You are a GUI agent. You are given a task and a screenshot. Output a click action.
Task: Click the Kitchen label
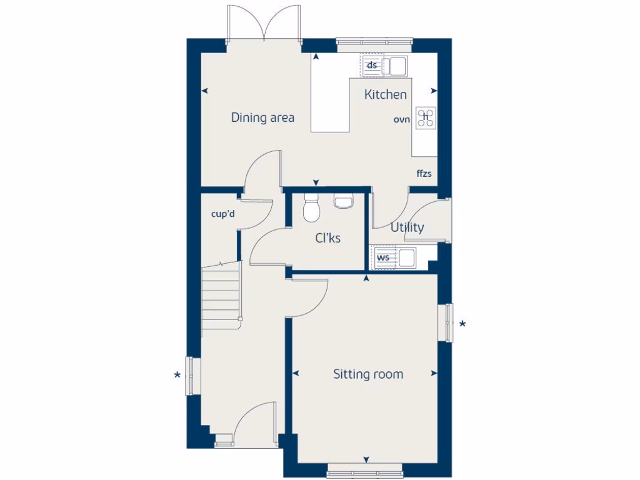pos(386,94)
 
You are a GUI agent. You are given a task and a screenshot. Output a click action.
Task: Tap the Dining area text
pos(262,117)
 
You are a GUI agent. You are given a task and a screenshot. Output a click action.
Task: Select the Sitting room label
pos(367,374)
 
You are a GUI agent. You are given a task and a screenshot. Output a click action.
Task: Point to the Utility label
pos(407,227)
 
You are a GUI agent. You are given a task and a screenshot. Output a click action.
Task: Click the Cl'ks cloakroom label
pos(327,238)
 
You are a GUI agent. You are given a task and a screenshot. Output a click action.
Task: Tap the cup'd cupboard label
pos(222,214)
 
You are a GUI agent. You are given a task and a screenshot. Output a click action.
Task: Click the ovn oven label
pos(401,119)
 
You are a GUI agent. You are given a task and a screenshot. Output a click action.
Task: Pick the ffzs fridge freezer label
pos(424,173)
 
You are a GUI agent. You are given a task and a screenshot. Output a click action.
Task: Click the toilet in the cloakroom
pos(311,209)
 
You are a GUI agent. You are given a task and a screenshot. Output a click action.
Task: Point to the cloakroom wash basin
pos(344,201)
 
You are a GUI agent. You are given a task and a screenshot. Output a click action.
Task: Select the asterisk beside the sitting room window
pos(462,324)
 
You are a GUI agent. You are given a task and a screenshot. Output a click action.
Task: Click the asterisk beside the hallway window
pos(177,376)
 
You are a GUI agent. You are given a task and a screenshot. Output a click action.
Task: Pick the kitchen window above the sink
pos(374,44)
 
